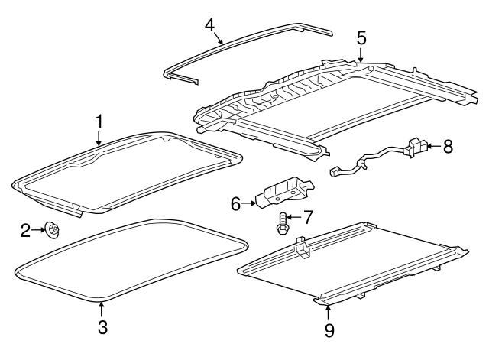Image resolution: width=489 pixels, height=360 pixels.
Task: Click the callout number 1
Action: [99, 121]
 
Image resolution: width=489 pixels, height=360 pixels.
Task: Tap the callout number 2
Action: [25, 229]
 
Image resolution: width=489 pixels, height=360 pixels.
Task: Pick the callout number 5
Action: [361, 37]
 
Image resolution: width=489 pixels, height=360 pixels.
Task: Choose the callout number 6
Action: [236, 203]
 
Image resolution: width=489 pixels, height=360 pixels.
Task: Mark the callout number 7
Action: [307, 218]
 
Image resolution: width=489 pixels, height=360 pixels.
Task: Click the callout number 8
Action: [448, 145]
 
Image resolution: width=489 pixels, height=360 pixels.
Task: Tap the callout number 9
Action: [329, 330]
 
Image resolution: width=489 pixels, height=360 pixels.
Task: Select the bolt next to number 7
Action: [282, 224]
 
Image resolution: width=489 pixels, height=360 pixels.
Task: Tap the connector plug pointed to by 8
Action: [417, 147]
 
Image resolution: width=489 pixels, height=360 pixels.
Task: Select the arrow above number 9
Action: [329, 311]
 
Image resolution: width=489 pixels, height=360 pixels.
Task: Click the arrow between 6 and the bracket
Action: [250, 203]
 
